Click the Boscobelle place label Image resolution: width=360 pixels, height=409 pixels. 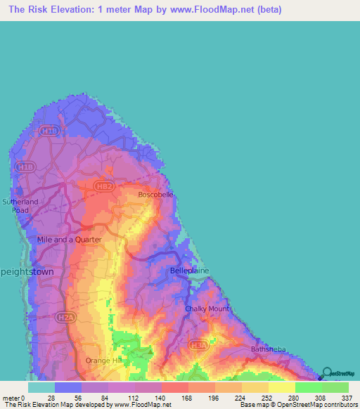[155, 194]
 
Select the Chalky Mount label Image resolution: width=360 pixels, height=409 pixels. [207, 309]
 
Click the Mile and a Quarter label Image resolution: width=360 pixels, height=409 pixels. [69, 239]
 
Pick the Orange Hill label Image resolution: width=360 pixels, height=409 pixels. [101, 361]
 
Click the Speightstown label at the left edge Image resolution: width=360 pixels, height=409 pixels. [27, 271]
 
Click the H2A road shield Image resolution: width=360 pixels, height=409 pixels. [65, 318]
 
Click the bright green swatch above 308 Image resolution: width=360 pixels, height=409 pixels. [308, 387]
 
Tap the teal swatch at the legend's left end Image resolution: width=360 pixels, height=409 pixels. [41, 387]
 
